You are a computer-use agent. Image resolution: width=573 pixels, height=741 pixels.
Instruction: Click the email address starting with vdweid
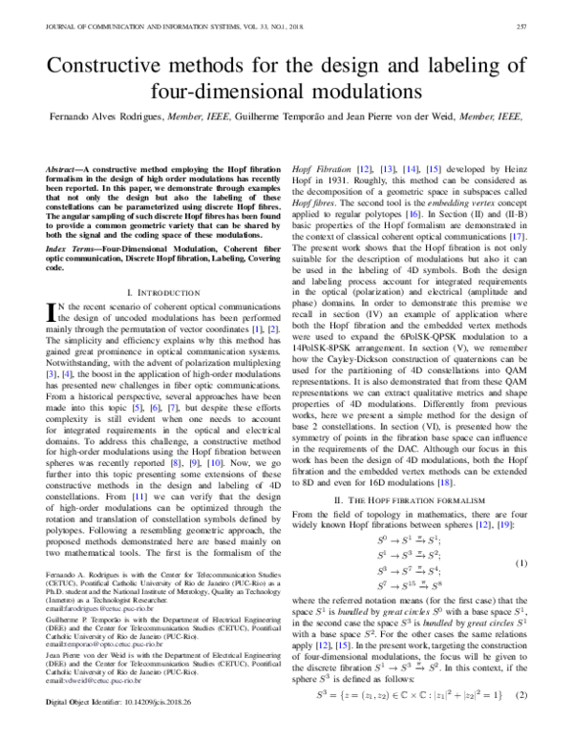tap(78, 707)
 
